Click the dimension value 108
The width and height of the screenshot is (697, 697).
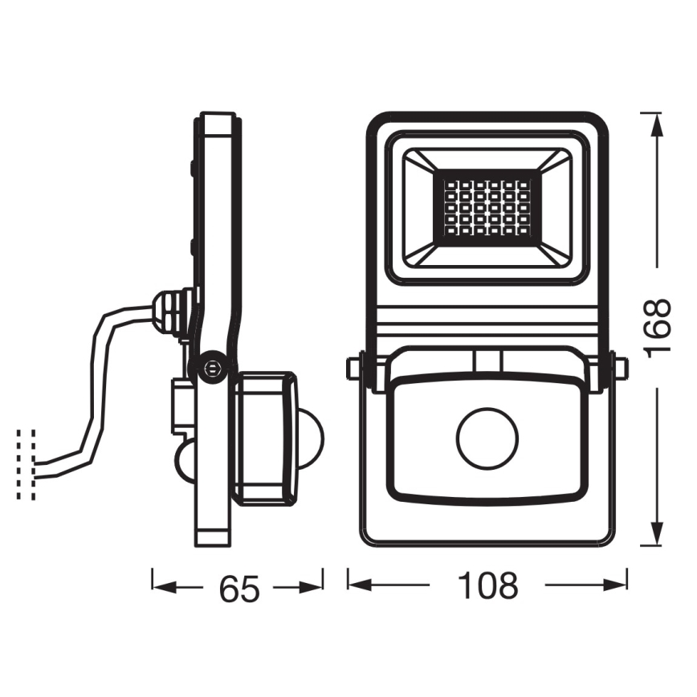487,587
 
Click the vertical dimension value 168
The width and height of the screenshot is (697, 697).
658,328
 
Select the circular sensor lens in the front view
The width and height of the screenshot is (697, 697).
487,438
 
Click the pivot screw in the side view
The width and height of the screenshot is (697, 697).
212,367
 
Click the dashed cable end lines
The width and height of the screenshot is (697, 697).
26,464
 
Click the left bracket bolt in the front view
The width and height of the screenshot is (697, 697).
353,368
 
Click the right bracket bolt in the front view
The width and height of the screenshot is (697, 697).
621,368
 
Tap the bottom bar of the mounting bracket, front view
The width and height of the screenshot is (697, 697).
487,540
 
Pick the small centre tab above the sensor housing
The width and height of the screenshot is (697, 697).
487,361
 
